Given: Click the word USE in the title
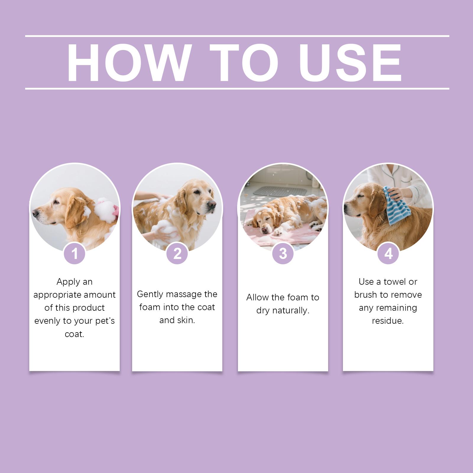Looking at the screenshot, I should coord(350,63).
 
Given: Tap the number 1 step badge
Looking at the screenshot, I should coord(74,253).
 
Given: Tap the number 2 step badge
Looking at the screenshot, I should coord(177,253).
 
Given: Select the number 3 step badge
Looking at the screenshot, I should coord(283,253).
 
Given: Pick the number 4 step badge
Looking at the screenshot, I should coord(388,253).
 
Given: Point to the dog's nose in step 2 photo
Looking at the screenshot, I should coord(212,204).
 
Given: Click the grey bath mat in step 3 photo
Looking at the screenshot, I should coord(280,191).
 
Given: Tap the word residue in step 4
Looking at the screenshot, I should coord(388,321).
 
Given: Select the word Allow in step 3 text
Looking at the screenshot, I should coord(256,297).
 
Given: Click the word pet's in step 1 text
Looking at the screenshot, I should coord(104,321).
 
